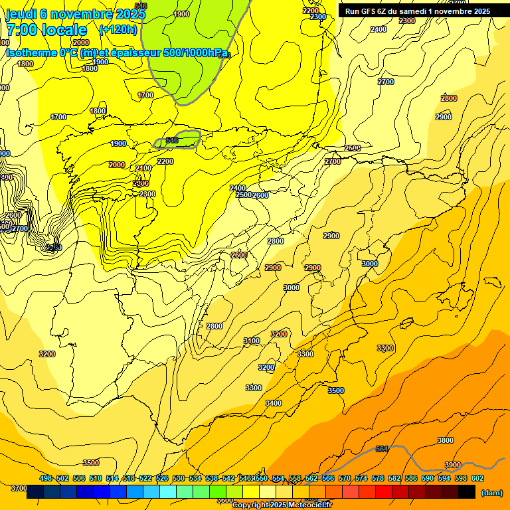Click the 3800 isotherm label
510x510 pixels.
click(446, 440)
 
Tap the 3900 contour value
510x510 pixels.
click(453, 465)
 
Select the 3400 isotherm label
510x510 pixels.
click(274, 403)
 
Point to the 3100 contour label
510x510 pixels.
click(252, 341)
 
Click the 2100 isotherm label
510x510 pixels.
click(143, 168)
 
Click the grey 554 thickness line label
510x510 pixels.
click(382, 449)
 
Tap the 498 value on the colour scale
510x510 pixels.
click(46, 478)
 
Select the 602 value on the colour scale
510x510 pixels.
click(477, 478)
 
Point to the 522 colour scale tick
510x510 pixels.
click(145, 478)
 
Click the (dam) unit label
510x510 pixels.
click(491, 492)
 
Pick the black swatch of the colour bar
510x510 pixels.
click(467, 492)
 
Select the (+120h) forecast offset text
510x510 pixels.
click(118, 30)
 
